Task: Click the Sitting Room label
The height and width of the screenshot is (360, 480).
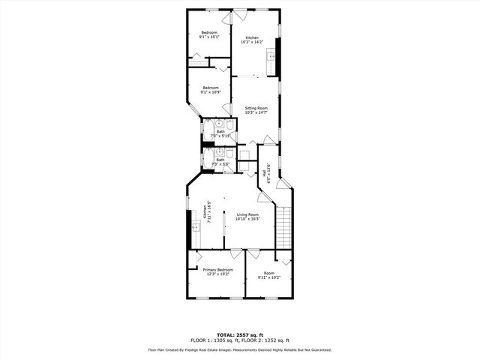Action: (256, 108)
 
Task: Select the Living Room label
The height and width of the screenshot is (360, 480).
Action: (247, 214)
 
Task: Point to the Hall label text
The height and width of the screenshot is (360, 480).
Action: (264, 172)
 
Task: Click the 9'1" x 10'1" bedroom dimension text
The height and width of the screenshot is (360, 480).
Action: (208, 37)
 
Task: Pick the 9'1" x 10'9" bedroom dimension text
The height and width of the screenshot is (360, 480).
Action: (211, 92)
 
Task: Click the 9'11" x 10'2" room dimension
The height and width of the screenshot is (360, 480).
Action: (268, 277)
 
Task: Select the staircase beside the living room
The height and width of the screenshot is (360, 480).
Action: (283, 229)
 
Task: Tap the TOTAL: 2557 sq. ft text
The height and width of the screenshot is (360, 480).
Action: (240, 334)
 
